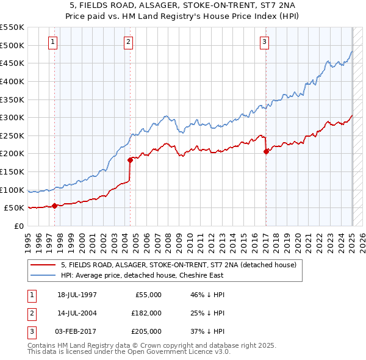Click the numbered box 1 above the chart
click(x=53, y=42)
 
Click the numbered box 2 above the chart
click(x=129, y=42)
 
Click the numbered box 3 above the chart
click(x=264, y=42)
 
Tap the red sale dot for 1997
click(x=55, y=206)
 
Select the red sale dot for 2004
click(x=130, y=160)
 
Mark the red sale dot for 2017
click(x=266, y=151)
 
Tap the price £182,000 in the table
click(x=146, y=313)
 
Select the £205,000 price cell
click(x=146, y=331)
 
